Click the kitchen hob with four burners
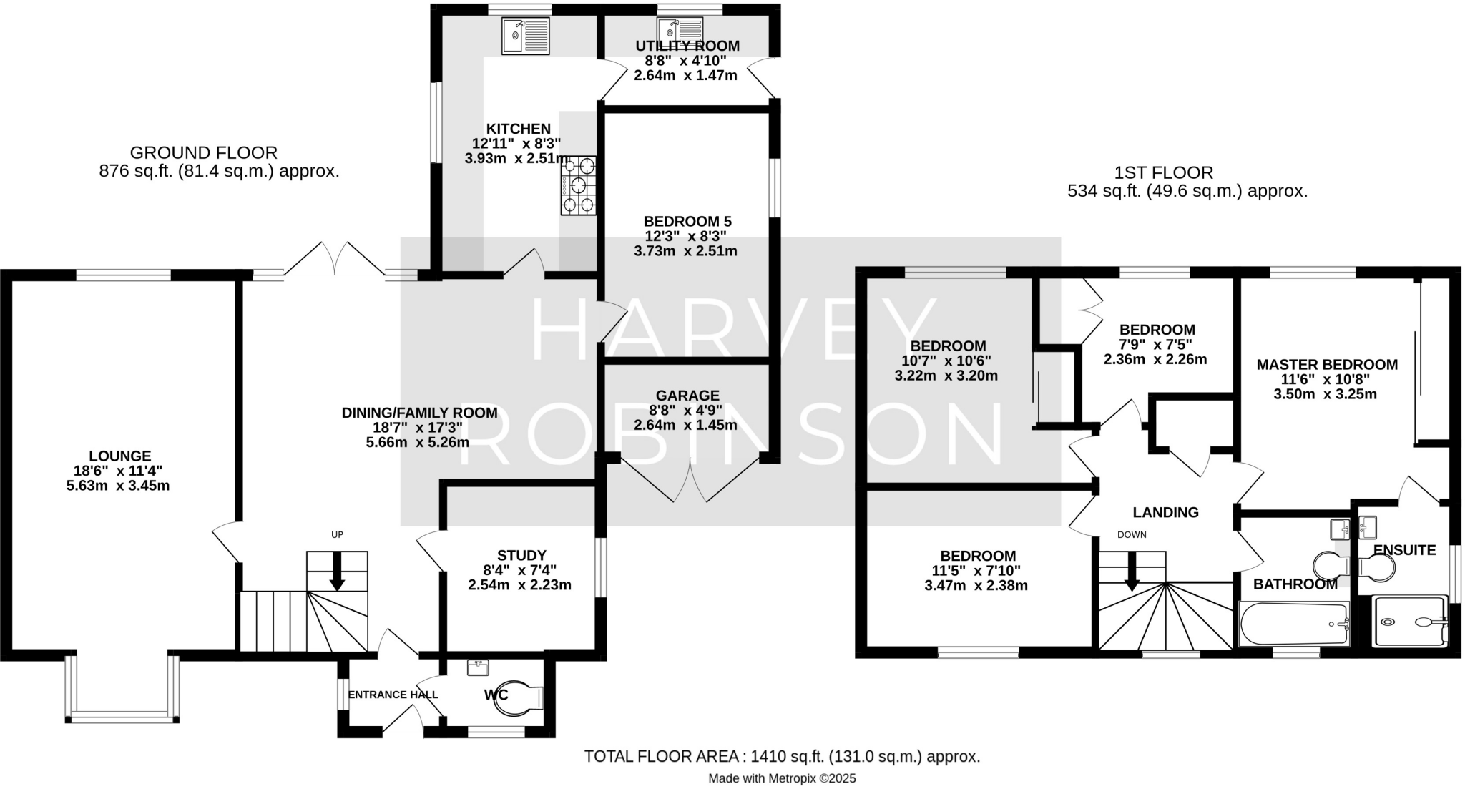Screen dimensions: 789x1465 pyautogui.click(x=578, y=185)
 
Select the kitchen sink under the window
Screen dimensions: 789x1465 pyautogui.click(x=525, y=36)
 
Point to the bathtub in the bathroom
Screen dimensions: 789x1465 pyautogui.click(x=1293, y=624)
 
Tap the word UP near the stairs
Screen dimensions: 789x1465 pyautogui.click(x=337, y=534)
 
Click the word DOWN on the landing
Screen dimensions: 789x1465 pyautogui.click(x=1132, y=534)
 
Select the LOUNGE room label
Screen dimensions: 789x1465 pyautogui.click(x=119, y=456)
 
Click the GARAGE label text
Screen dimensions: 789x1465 pyautogui.click(x=687, y=396)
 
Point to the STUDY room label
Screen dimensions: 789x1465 pyautogui.click(x=521, y=555)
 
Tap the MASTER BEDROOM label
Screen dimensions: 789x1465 pyautogui.click(x=1327, y=364)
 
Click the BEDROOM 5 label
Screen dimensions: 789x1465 pyautogui.click(x=687, y=221)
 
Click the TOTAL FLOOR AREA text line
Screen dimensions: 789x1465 pyautogui.click(x=781, y=756)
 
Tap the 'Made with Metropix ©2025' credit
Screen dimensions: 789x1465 pyautogui.click(x=781, y=778)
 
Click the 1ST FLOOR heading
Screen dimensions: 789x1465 pyautogui.click(x=1163, y=172)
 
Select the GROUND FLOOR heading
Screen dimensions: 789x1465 pyautogui.click(x=203, y=152)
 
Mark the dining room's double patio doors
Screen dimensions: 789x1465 pyautogui.click(x=334, y=259)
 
